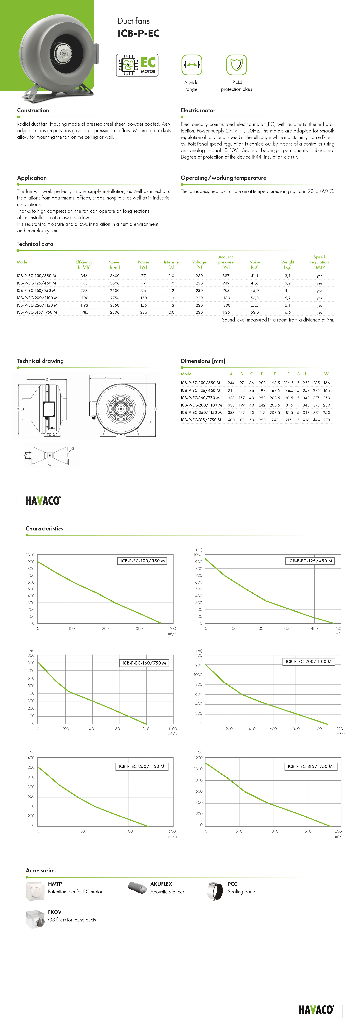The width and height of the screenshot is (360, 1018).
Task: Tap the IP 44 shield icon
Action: point(236,65)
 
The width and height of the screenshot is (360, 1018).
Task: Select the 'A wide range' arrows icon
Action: point(192,65)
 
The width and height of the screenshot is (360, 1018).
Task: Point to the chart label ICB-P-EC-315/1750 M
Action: point(310,766)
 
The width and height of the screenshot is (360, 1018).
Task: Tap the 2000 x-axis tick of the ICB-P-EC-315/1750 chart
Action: point(339,831)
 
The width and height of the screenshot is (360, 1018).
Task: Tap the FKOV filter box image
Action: point(35,919)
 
